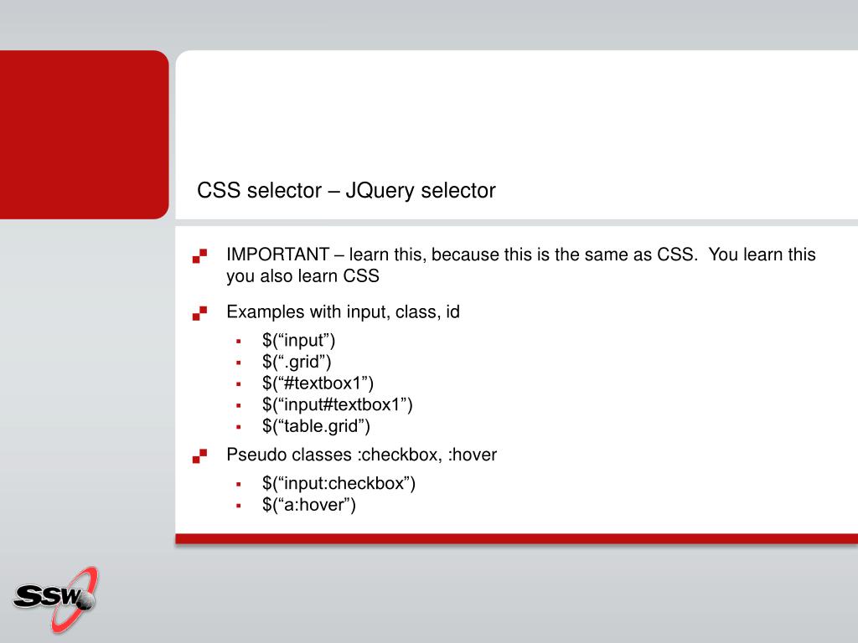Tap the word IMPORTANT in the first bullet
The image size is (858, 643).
click(277, 255)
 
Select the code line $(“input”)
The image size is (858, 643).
click(298, 341)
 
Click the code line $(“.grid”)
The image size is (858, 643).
click(297, 362)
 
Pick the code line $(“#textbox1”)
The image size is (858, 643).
click(318, 383)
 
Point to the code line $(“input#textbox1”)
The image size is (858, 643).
click(337, 405)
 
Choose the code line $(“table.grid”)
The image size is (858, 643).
click(316, 426)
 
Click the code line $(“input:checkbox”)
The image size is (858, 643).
click(339, 483)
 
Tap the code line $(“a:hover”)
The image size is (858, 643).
click(309, 505)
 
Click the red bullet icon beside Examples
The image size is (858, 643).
click(199, 313)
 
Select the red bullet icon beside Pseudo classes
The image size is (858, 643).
click(199, 456)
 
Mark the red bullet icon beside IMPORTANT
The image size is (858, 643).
click(199, 255)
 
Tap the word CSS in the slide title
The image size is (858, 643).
click(219, 191)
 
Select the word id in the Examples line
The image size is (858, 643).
click(452, 312)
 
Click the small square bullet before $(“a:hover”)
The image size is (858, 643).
click(239, 506)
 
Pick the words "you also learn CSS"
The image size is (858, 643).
click(302, 276)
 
